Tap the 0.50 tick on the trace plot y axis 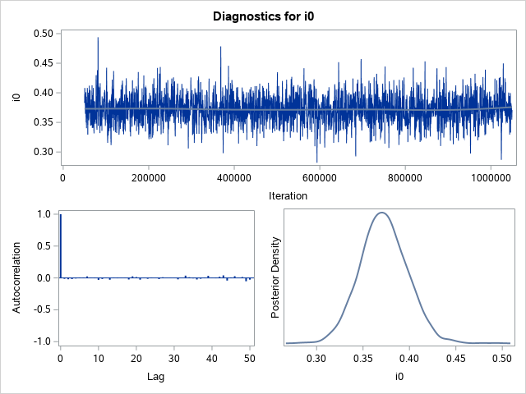[x=43, y=34]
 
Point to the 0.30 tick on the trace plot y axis [x=43, y=152]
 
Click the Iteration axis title [x=288, y=195]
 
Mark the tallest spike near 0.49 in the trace [x=98, y=38]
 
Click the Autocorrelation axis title [x=16, y=277]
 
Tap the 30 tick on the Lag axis [x=175, y=358]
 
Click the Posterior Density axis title [x=276, y=277]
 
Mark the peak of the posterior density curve [x=381, y=213]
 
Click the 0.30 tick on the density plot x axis [x=317, y=358]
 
